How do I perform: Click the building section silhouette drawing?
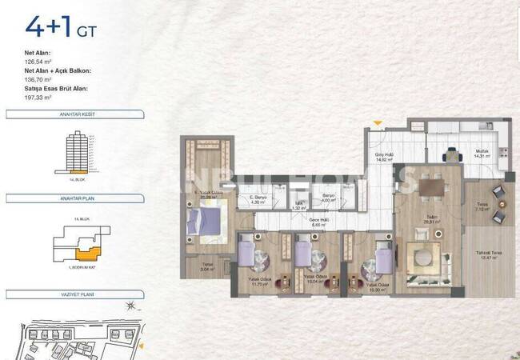(78, 151)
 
